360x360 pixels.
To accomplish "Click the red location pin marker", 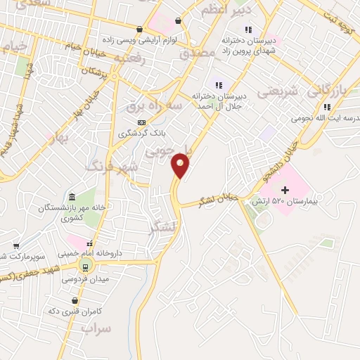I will click(181, 166).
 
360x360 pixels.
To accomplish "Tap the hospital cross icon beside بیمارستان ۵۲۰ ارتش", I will click(285, 190).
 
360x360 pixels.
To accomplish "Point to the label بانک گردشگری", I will click(143, 133).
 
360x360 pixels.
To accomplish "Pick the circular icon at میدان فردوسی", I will click(86, 266).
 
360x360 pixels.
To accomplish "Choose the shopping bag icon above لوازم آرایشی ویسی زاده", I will click(140, 29).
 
